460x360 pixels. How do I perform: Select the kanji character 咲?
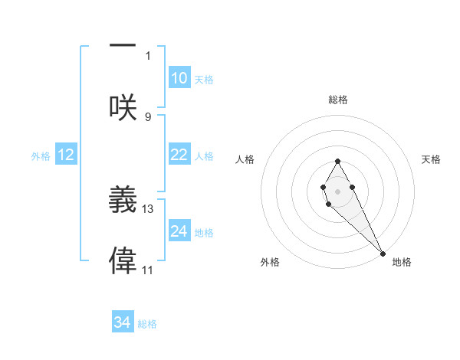[123, 107]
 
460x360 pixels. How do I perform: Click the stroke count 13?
[148, 208]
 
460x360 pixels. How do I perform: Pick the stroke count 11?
[148, 270]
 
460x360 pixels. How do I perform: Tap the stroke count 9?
[148, 116]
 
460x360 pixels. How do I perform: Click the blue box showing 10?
[179, 78]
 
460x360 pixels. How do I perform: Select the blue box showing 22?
[179, 155]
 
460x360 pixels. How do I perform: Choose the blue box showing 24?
[179, 231]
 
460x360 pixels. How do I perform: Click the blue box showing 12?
[66, 155]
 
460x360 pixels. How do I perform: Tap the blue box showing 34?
[122, 322]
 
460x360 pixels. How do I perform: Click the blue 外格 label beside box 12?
[41, 156]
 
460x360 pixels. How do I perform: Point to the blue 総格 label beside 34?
[147, 324]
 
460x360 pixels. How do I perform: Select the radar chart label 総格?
[338, 100]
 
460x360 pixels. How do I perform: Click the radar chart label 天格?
[432, 159]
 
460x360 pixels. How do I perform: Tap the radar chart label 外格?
[270, 262]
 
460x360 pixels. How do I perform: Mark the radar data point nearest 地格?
[383, 254]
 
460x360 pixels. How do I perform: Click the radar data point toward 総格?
[338, 161]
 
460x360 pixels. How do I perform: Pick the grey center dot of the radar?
[338, 191]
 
